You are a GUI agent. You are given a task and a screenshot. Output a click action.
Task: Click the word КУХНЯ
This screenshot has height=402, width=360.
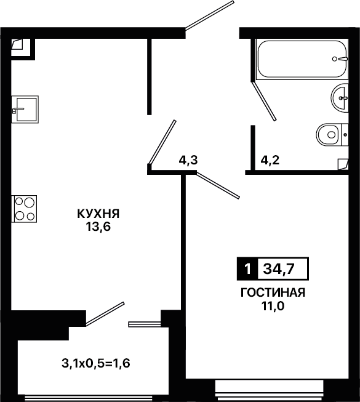point(98,214)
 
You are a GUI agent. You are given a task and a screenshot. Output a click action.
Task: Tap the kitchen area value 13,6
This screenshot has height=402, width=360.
point(98,227)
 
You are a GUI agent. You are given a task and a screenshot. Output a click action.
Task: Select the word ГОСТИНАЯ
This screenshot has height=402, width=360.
point(273,292)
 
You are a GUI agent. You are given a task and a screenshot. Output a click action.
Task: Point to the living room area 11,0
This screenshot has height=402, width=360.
point(273,306)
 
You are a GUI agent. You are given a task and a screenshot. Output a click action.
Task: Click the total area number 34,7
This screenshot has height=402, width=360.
point(279,269)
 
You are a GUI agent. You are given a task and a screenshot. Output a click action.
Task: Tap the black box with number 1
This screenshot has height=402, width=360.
point(247,268)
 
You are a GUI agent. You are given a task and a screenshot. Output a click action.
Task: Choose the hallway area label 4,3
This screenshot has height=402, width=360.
point(188,161)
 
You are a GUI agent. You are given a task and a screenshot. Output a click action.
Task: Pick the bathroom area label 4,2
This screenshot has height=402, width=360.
point(270,161)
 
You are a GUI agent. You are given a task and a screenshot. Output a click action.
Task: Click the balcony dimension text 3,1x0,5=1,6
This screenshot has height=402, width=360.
point(96,363)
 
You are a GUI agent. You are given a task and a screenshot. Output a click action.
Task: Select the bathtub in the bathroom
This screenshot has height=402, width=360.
point(302,58)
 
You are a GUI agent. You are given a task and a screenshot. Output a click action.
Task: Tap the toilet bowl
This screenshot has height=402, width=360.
point(332,135)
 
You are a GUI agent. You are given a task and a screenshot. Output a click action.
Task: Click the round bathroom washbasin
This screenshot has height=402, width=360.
point(340,98)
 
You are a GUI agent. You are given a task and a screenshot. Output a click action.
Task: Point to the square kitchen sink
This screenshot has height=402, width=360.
point(25,109)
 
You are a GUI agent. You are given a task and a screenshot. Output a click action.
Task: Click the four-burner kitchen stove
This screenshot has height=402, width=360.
point(24,209)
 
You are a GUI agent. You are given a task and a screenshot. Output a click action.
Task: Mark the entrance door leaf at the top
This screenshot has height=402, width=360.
point(210,15)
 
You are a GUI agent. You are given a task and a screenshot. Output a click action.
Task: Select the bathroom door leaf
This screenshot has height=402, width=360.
point(263,100)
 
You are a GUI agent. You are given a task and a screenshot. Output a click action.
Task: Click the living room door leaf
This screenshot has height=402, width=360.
point(218,186)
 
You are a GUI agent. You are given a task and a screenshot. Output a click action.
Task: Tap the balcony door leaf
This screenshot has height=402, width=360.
point(105,314)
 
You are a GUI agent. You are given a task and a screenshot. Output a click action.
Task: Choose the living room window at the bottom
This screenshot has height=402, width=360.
point(269,390)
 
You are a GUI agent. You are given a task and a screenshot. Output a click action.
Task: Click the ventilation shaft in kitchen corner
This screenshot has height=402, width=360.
point(21,47)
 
